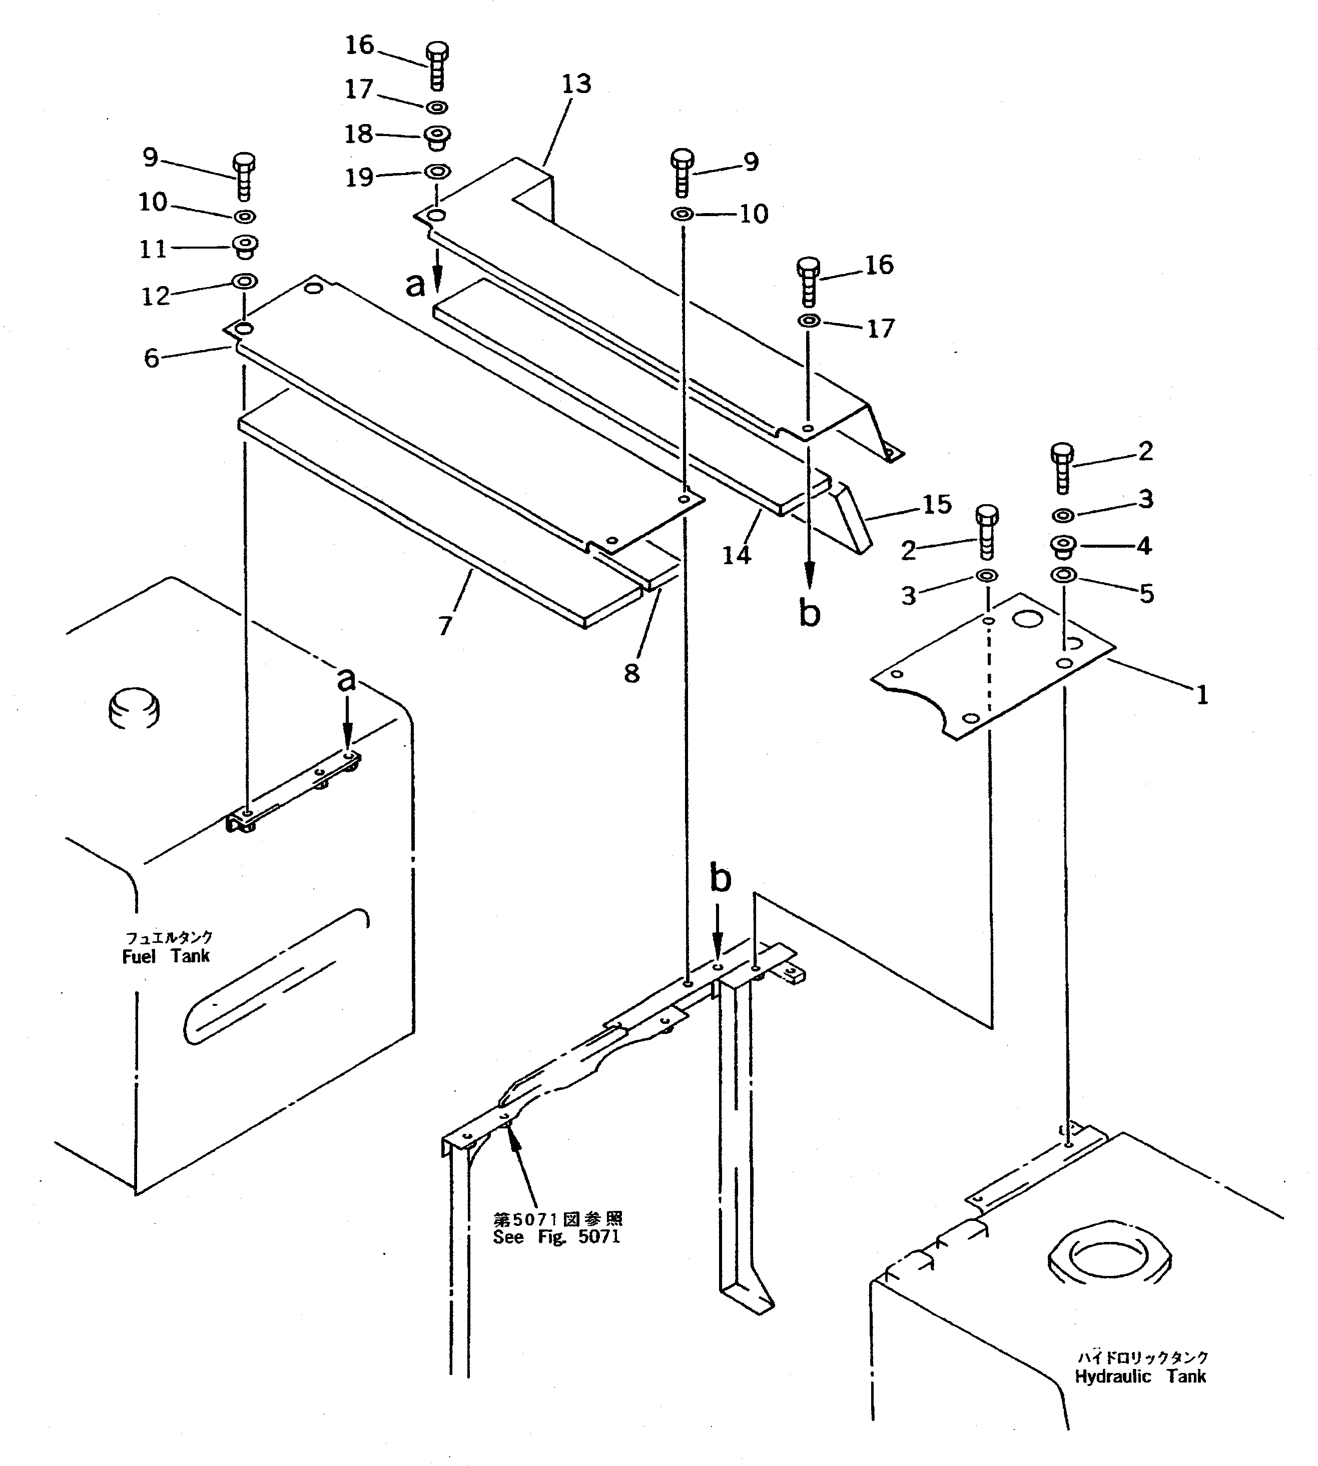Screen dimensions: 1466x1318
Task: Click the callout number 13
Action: coord(576,85)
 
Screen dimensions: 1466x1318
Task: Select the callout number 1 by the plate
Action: coord(1202,696)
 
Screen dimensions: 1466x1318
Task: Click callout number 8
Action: coord(631,673)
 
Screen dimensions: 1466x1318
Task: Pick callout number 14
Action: coord(737,555)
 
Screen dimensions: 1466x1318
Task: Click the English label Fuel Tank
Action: coord(166,956)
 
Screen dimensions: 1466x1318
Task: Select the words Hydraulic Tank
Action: coord(1140,1376)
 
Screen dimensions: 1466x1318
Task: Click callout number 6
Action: coord(151,358)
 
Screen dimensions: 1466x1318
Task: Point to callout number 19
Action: coord(359,178)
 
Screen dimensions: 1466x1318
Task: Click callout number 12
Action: coord(155,296)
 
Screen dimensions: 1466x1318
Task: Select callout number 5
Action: coord(1146,594)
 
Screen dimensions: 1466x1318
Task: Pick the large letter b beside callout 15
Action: coord(810,613)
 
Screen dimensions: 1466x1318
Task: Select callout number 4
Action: coord(1144,546)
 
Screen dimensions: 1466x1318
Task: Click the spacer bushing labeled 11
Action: coord(246,247)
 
